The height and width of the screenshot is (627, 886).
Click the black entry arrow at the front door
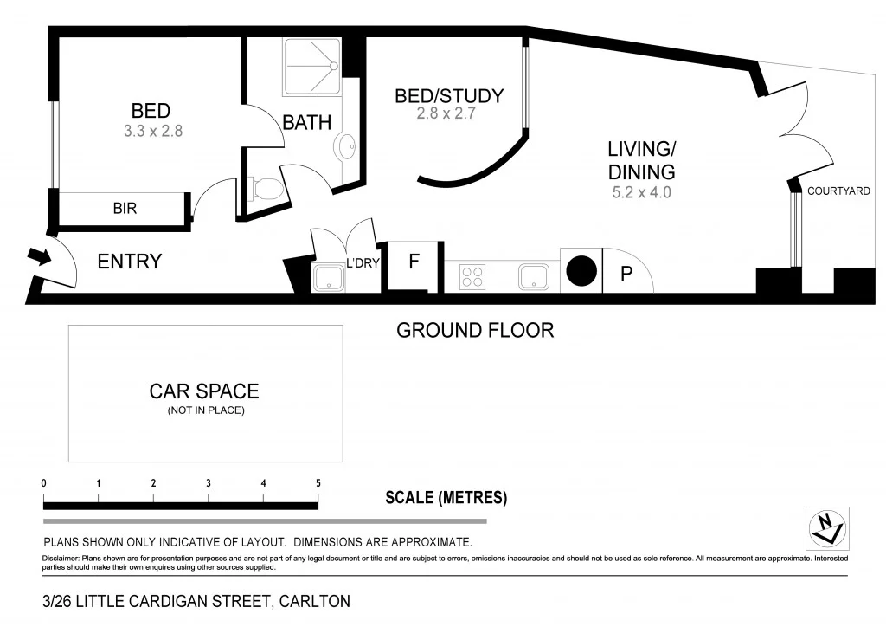39,256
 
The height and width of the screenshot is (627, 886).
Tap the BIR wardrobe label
125,209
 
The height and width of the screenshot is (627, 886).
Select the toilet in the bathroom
265,188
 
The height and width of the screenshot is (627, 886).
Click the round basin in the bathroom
347,148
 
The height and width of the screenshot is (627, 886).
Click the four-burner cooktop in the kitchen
472,276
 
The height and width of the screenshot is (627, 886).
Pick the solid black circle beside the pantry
581,271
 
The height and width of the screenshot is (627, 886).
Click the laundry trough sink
328,278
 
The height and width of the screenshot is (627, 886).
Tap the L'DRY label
363,263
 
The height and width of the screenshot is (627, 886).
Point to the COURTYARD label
838,191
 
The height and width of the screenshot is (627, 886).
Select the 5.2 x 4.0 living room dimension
641,193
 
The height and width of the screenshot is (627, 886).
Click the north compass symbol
826,528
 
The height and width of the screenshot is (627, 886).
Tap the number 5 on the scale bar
318,483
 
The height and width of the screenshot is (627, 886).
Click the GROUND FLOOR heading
474,330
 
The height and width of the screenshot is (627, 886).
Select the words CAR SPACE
204,391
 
